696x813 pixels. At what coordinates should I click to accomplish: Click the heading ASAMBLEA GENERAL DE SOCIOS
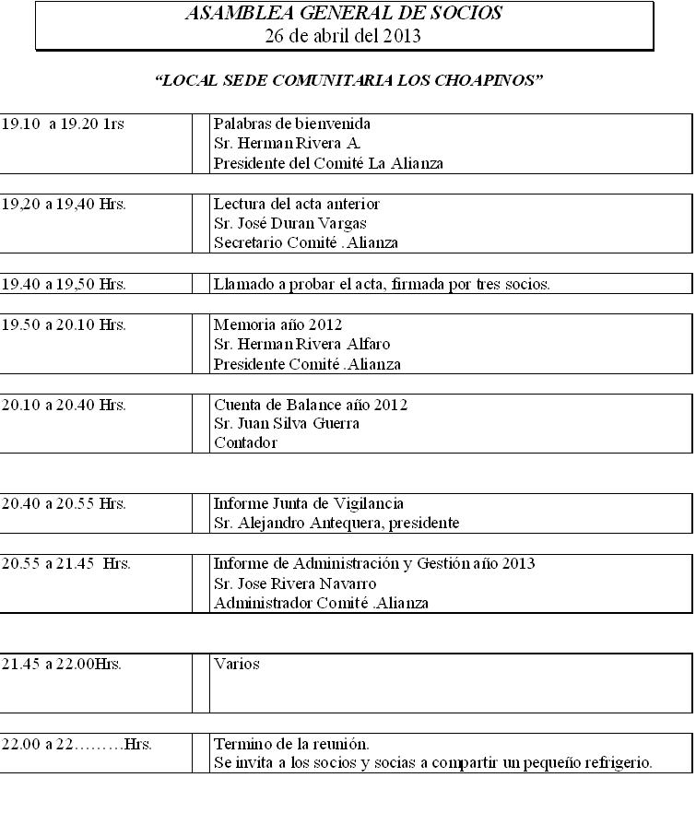click(344, 14)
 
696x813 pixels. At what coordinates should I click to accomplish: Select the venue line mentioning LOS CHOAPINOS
click(349, 80)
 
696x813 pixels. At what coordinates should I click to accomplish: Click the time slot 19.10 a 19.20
click(63, 124)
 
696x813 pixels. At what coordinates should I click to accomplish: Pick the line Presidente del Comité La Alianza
click(328, 163)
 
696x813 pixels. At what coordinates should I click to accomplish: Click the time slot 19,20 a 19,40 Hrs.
click(64, 205)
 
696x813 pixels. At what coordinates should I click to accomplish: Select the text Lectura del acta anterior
click(296, 204)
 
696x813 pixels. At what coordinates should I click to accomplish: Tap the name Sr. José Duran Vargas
click(289, 223)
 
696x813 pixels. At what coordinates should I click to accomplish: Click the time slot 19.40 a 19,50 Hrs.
click(64, 284)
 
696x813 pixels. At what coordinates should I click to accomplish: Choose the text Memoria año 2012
click(277, 324)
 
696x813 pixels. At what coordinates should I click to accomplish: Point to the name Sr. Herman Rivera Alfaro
click(301, 344)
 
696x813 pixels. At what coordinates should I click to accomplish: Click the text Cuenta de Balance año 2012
click(311, 405)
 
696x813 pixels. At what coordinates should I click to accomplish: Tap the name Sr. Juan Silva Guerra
click(286, 423)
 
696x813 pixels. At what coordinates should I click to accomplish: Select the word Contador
click(245, 442)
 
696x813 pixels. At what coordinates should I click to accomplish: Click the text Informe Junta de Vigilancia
click(308, 503)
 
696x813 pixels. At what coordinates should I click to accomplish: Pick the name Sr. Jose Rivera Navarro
click(295, 583)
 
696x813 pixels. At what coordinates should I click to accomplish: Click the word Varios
click(237, 664)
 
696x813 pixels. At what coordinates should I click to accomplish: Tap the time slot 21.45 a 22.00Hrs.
click(62, 664)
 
